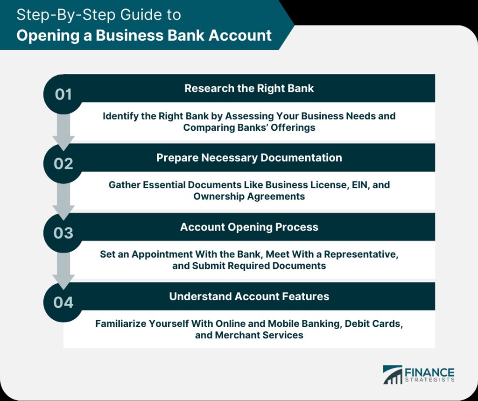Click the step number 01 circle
(x=63, y=94)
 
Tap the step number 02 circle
(x=63, y=164)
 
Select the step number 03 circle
(x=63, y=233)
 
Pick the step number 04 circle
(x=63, y=302)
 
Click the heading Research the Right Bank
(x=249, y=88)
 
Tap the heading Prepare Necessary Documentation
(x=249, y=158)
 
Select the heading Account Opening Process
(x=249, y=227)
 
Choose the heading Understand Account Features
(x=249, y=296)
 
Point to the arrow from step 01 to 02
(x=63, y=132)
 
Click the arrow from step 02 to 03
(x=63, y=201)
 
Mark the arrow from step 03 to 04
(x=63, y=270)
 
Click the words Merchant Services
(x=259, y=335)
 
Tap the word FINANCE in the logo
(x=429, y=373)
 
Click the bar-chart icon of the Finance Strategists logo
(x=393, y=375)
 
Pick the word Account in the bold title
(x=240, y=35)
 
